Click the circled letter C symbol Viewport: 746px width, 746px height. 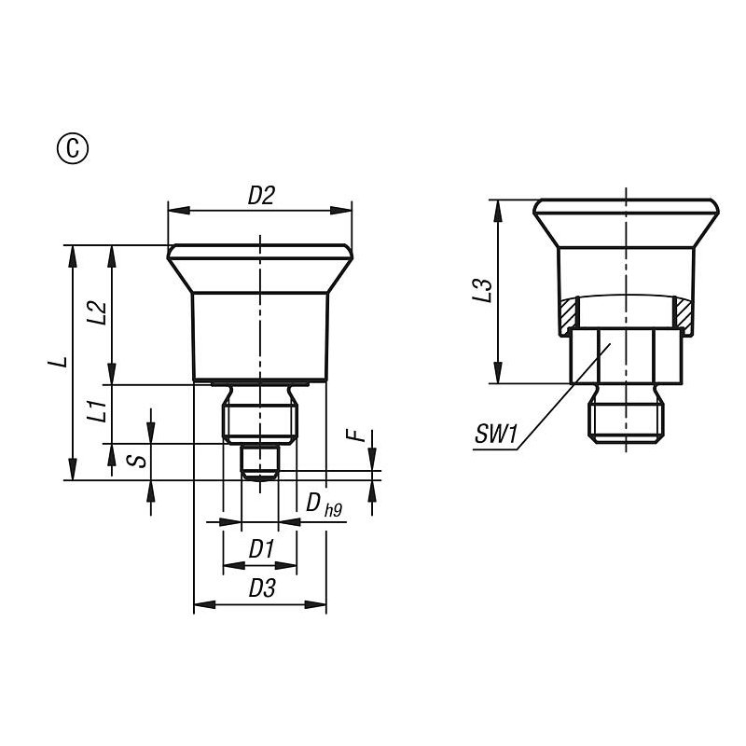click(73, 149)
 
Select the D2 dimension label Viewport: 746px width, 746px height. click(261, 195)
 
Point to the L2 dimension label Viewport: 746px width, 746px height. click(98, 312)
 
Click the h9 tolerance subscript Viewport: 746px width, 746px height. click(333, 510)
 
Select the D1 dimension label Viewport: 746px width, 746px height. click(262, 548)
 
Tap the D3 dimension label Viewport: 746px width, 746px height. click(262, 588)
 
